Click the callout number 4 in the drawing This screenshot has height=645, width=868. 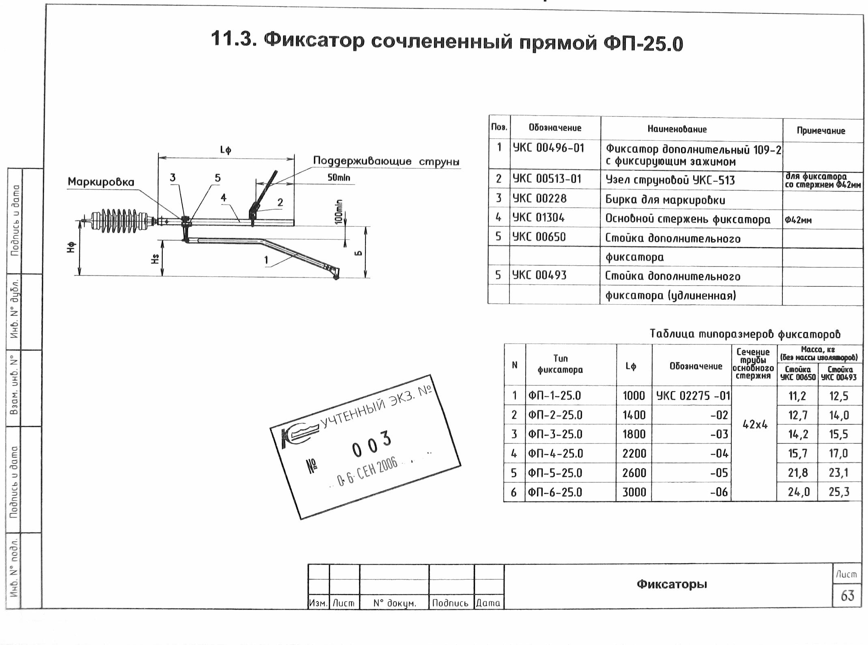point(223,198)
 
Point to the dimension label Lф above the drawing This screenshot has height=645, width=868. point(226,150)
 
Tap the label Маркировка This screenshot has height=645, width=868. point(101,182)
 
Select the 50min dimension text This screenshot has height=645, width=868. point(339,178)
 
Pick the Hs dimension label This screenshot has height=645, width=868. point(155,258)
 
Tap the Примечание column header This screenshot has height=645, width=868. point(821,131)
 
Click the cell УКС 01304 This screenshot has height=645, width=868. point(539,218)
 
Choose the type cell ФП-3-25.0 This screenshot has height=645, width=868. point(555,434)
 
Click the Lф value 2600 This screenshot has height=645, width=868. point(634,473)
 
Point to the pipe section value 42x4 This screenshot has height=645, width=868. point(755,425)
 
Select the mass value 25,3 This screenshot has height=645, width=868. point(839,492)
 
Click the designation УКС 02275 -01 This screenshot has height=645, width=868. point(693,396)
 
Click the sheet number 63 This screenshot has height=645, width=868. point(847,596)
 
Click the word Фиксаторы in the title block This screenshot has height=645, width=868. point(671,584)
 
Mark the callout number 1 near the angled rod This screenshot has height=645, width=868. point(266,260)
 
